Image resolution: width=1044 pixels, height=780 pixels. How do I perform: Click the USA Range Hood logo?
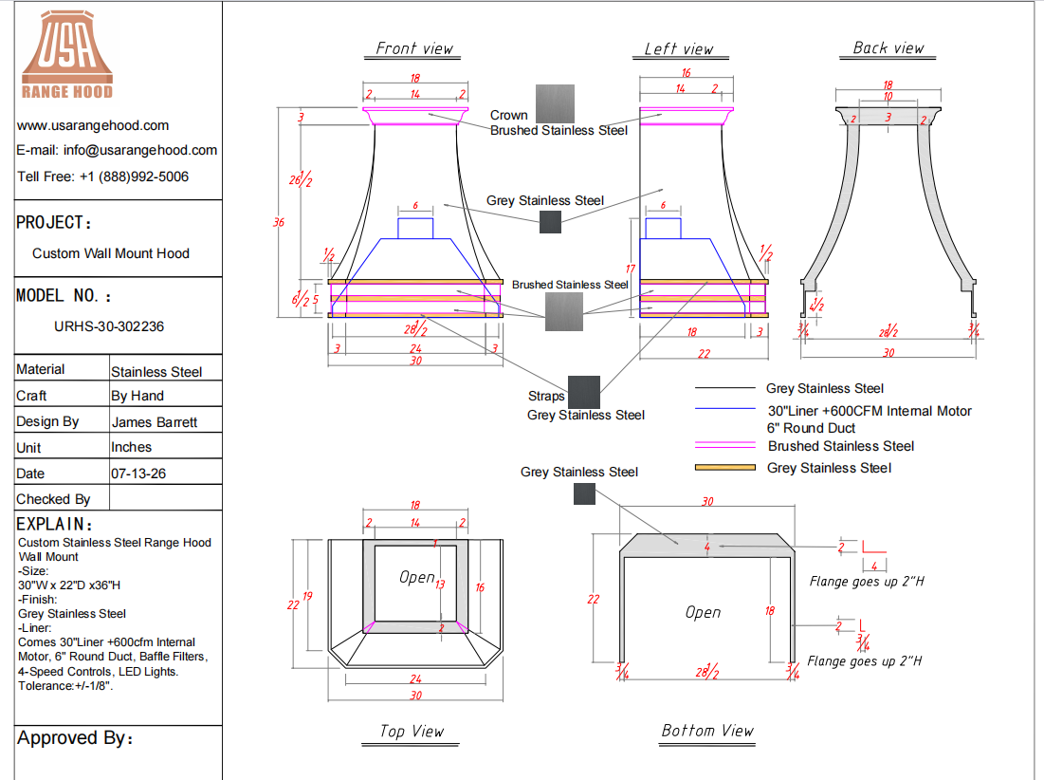(x=67, y=55)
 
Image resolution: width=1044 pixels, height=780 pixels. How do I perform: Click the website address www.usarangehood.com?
(x=93, y=125)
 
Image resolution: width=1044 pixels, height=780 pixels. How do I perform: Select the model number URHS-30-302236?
(x=109, y=326)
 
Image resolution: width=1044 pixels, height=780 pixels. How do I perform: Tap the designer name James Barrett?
(x=155, y=422)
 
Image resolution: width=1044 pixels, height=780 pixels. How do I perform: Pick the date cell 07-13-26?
(x=138, y=474)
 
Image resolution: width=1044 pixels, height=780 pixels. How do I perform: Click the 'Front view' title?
(x=413, y=48)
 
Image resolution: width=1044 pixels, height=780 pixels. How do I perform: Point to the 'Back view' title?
(x=888, y=48)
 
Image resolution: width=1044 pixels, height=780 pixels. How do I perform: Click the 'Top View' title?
(x=412, y=732)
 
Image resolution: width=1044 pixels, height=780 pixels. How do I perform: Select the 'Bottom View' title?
(x=707, y=731)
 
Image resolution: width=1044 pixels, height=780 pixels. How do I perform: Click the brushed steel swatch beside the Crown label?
(x=556, y=104)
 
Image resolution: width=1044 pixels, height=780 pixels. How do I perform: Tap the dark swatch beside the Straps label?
(x=584, y=392)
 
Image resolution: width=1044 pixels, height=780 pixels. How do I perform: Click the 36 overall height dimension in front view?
(x=279, y=222)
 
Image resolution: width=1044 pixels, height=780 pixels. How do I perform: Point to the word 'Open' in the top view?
(x=417, y=578)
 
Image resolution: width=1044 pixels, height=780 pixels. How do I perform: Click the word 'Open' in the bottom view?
(x=703, y=612)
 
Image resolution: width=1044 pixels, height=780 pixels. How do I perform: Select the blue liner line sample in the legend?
(x=725, y=408)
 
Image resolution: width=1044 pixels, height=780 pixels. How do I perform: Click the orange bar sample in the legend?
(x=725, y=468)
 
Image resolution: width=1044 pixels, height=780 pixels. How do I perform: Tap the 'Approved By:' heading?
(x=75, y=738)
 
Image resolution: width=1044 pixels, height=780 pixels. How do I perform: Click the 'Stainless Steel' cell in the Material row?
(x=156, y=372)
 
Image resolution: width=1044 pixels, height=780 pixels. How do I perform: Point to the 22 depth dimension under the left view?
(x=704, y=354)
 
